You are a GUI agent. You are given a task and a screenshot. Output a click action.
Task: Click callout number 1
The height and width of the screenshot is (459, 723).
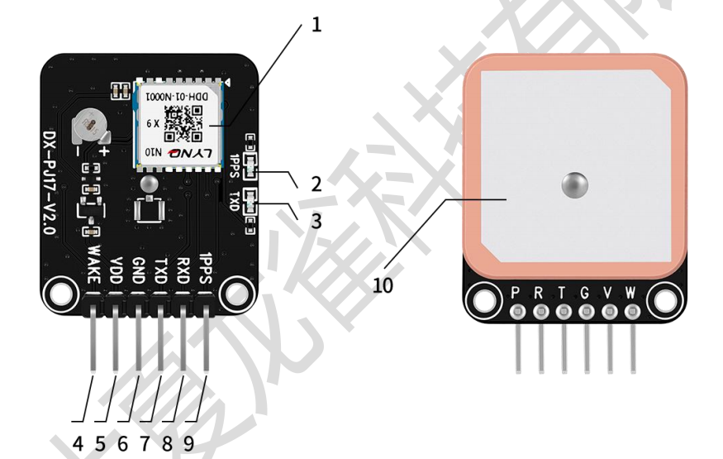[316, 25]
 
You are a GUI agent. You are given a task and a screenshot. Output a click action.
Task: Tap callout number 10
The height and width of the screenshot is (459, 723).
[383, 285]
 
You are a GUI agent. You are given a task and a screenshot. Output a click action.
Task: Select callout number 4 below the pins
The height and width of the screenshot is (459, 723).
[78, 443]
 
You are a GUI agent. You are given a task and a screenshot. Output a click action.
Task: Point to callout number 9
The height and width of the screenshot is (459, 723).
[189, 443]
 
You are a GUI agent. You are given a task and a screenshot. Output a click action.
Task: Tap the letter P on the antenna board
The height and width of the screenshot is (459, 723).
[516, 292]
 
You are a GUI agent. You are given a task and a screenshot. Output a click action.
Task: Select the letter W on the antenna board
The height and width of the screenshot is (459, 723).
[632, 292]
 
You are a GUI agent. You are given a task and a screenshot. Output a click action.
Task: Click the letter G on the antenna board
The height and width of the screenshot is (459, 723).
[586, 292]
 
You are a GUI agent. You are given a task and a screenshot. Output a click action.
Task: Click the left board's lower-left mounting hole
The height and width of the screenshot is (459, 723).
[60, 291]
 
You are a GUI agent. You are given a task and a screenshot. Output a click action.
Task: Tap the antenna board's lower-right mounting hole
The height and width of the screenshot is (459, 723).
[667, 299]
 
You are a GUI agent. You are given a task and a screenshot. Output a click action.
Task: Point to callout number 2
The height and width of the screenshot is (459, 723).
[316, 183]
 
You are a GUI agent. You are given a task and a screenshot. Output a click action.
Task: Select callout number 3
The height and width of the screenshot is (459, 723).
[316, 221]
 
